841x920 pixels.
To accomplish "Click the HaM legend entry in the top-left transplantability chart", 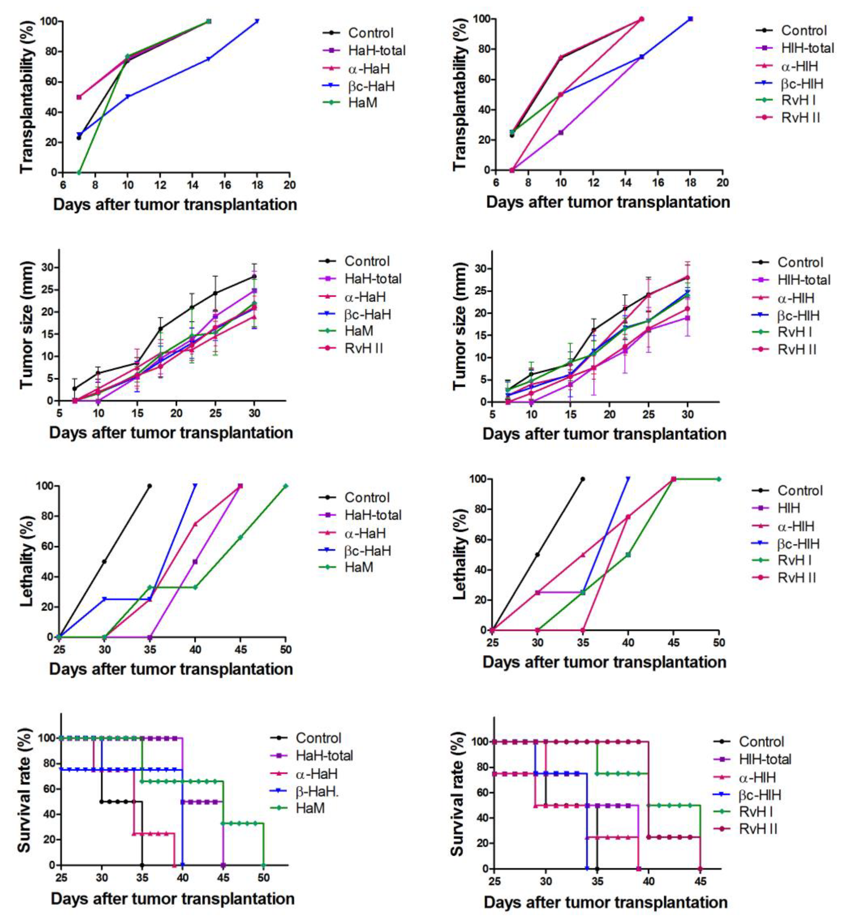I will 362,102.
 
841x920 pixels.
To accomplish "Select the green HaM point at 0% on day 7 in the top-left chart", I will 79,172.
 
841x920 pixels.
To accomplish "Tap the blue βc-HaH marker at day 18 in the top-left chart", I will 257,21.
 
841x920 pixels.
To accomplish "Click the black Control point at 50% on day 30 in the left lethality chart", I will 104,561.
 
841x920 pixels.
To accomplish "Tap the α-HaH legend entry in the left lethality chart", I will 365,533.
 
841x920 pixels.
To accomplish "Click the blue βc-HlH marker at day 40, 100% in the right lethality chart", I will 628,479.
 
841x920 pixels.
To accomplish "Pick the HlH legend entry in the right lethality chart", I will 789,508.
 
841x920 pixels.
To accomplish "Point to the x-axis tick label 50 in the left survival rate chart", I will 263,878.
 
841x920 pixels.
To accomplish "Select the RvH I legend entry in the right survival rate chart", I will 758,811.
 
